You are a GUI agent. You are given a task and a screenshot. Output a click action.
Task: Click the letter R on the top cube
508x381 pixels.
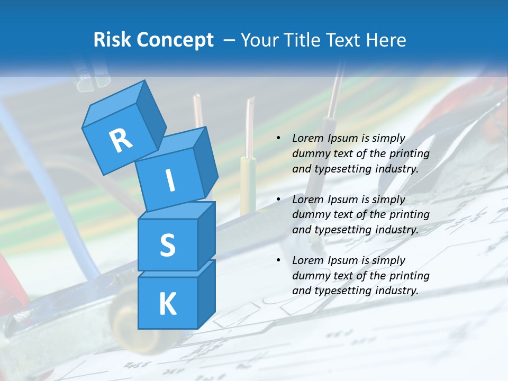[121, 140]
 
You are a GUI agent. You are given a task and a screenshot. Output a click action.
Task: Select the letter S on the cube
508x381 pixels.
[167, 245]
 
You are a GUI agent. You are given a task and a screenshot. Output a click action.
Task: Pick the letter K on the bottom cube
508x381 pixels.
[167, 304]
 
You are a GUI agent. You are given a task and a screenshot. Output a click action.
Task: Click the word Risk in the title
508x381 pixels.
[113, 40]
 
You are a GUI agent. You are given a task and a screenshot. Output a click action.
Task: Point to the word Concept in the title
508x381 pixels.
[175, 40]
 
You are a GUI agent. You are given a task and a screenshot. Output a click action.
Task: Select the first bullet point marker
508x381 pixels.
[278, 139]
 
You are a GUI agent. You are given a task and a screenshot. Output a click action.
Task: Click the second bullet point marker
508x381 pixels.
[278, 199]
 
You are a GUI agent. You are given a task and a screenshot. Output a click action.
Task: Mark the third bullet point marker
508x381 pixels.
[278, 260]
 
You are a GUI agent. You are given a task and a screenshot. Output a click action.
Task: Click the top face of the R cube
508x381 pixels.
[114, 98]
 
